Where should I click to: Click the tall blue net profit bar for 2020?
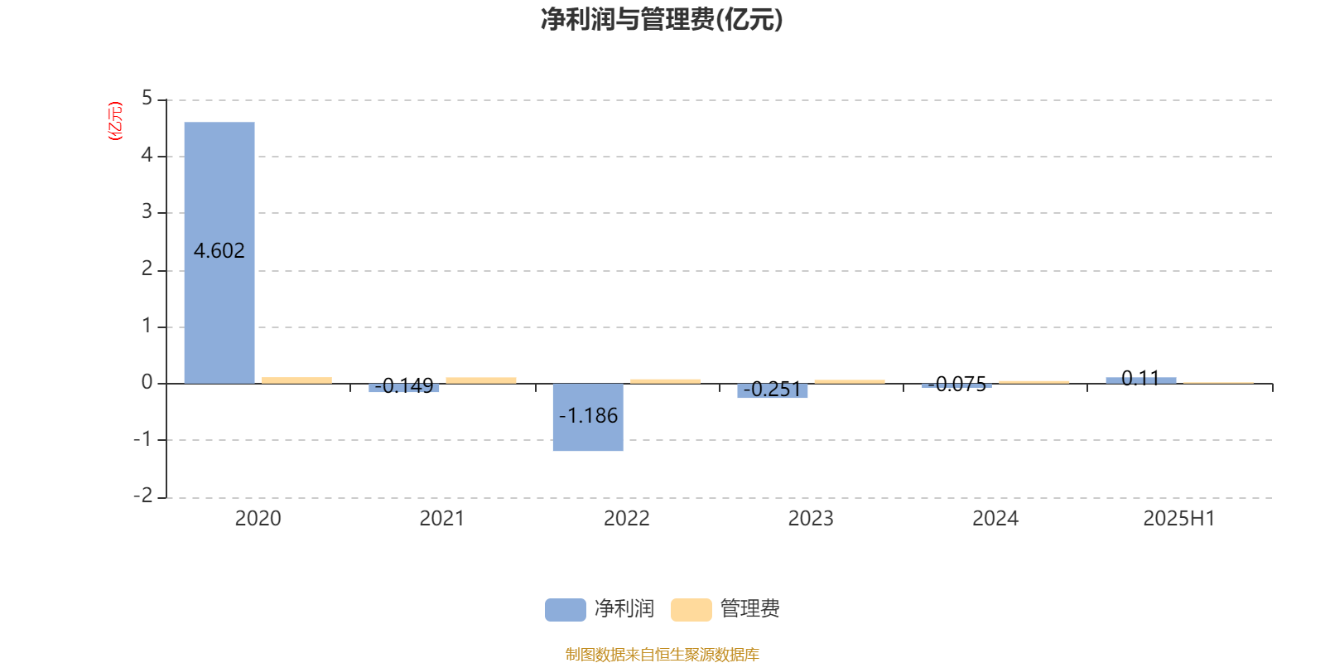pos(219,253)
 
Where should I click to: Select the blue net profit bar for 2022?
pos(588,418)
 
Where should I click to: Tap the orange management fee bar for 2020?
pos(297,380)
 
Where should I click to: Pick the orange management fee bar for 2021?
pos(481,380)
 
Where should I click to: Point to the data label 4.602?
pos(219,251)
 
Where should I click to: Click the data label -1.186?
pos(588,415)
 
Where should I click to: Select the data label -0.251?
pos(772,389)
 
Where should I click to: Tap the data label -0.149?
pos(404,385)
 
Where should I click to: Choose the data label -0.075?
pos(957,385)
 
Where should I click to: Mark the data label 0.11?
pos(1140,378)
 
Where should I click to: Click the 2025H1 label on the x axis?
pos(1179,519)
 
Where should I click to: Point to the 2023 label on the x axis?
pos(811,519)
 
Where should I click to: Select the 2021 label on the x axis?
pos(442,519)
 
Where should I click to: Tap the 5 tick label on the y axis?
pos(147,99)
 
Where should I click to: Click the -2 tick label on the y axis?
pos(142,496)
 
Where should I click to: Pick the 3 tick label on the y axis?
pos(147,211)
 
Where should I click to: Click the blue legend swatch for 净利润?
pos(566,610)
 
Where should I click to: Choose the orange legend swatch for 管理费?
pos(691,610)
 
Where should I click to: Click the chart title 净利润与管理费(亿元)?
pos(662,20)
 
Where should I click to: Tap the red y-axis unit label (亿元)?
pos(115,121)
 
